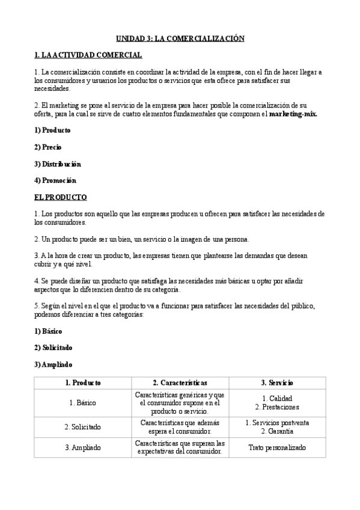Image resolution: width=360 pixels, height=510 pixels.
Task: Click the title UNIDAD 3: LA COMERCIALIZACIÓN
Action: pyautogui.click(x=180, y=38)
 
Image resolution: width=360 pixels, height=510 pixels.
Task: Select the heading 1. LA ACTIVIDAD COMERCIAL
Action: pyautogui.click(x=88, y=55)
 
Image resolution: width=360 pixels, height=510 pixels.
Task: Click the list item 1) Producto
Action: pyautogui.click(x=52, y=130)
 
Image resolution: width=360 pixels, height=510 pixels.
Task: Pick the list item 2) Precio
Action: pyautogui.click(x=48, y=147)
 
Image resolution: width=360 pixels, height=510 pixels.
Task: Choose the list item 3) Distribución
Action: pyautogui.click(x=58, y=164)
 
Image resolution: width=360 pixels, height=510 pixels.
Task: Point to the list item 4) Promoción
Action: pyautogui.click(x=55, y=180)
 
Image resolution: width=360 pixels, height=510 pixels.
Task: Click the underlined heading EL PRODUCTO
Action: pyautogui.click(x=61, y=197)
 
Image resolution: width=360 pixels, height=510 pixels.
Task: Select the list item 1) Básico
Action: pyautogui.click(x=48, y=331)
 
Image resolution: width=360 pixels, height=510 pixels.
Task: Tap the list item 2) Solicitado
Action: pyautogui.click(x=54, y=348)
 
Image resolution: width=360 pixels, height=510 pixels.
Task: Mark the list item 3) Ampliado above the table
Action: pyautogui.click(x=53, y=364)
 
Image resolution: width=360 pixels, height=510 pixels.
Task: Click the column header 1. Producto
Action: pyautogui.click(x=83, y=382)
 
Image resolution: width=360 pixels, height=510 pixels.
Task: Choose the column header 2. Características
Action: pyautogui.click(x=180, y=382)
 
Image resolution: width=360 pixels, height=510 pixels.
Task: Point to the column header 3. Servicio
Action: pyautogui.click(x=277, y=382)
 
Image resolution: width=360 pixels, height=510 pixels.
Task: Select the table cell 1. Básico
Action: pyautogui.click(x=83, y=403)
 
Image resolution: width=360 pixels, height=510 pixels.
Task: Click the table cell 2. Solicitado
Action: pyautogui.click(x=83, y=427)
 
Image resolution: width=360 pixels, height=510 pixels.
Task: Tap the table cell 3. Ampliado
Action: pyautogui.click(x=83, y=447)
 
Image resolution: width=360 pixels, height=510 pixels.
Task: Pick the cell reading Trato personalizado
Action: pyautogui.click(x=277, y=447)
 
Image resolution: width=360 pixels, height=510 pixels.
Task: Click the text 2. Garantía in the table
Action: pyautogui.click(x=277, y=431)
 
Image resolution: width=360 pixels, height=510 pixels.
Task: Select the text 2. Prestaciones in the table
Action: pyautogui.click(x=277, y=407)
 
